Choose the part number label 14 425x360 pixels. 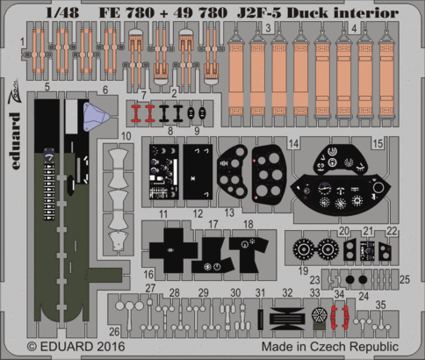point(293,141)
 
